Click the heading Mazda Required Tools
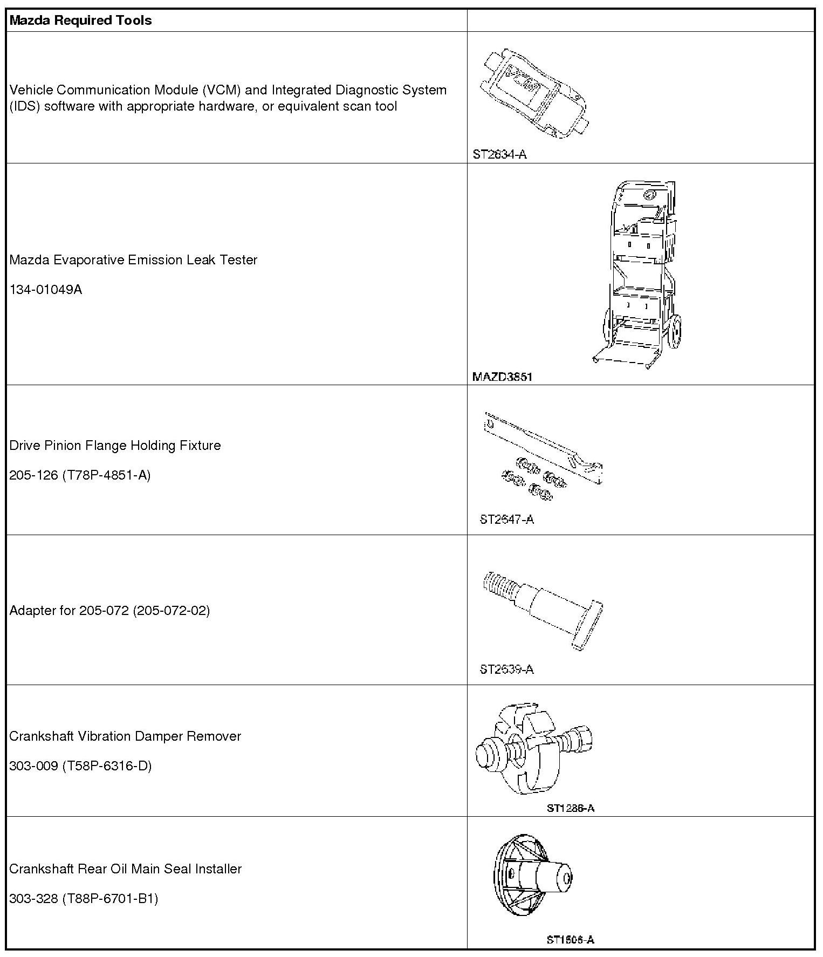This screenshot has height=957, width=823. click(81, 20)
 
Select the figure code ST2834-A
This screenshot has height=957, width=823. click(499, 154)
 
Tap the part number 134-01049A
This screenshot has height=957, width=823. click(46, 290)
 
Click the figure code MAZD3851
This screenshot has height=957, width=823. click(502, 377)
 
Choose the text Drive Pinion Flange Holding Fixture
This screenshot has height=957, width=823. click(115, 446)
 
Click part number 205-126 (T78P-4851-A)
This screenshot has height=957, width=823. click(80, 475)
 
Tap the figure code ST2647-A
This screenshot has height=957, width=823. click(507, 519)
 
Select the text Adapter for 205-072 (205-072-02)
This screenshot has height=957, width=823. click(109, 611)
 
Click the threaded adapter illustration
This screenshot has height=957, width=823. click(543, 610)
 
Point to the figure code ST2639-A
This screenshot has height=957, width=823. click(507, 669)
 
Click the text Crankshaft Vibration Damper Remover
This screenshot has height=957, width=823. click(125, 736)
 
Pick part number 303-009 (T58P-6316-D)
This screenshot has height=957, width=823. click(80, 766)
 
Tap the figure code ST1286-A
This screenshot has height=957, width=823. click(571, 808)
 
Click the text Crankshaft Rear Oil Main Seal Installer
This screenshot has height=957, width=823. click(126, 869)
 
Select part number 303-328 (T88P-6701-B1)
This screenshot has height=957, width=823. click(84, 899)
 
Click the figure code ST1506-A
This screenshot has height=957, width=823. click(571, 940)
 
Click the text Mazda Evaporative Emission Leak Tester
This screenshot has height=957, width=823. click(133, 260)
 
